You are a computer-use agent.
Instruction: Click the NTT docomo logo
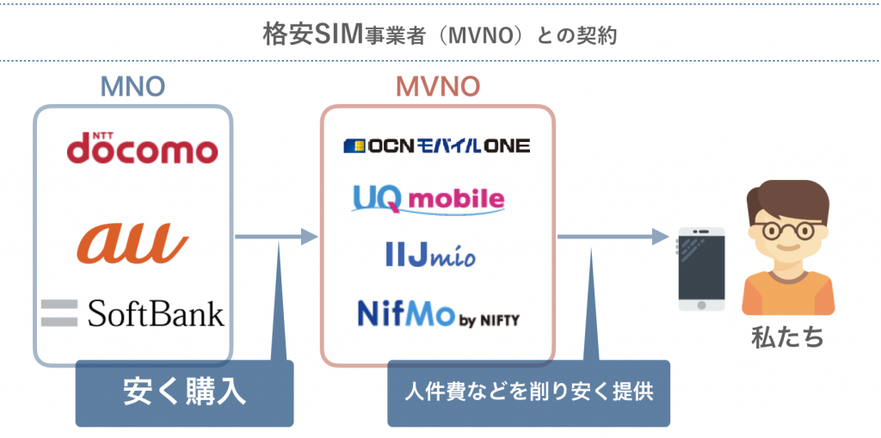pos(142,150)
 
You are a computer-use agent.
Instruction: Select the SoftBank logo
pos(133,313)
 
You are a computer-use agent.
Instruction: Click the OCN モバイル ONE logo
pos(437,145)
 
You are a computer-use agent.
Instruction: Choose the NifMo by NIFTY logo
pos(438,314)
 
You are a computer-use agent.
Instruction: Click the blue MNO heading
pos(132,86)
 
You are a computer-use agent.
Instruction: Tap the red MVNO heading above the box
pos(438,86)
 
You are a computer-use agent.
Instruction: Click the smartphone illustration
pos(700,269)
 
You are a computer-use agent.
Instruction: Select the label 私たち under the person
pos(787,336)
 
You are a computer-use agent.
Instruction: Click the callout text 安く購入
pos(184,392)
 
